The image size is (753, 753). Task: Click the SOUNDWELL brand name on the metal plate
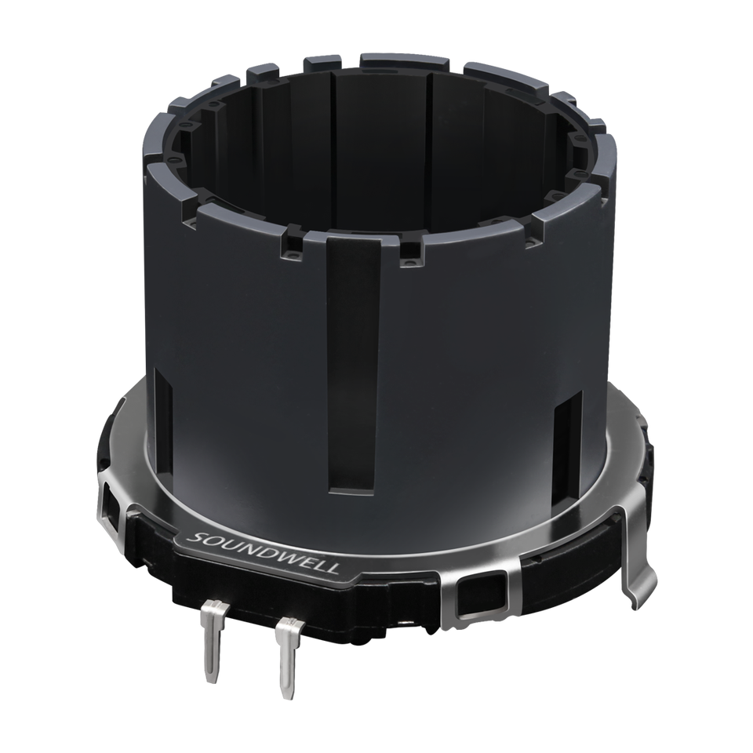[264, 553]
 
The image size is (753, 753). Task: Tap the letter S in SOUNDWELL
[194, 537]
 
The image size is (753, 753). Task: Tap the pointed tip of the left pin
[211, 682]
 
